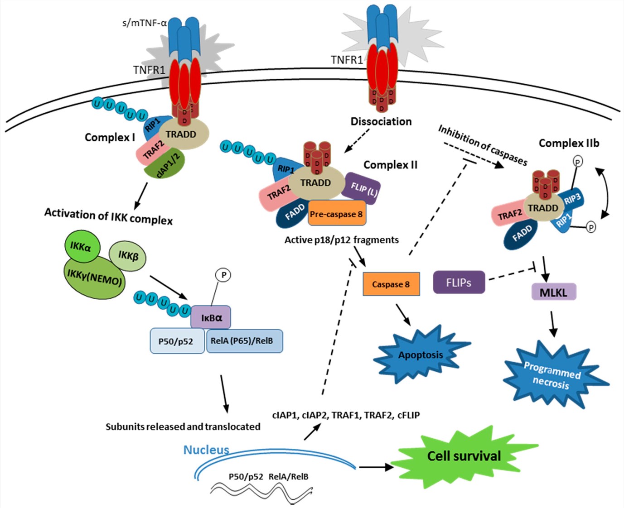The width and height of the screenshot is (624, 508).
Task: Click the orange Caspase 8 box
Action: (x=391, y=284)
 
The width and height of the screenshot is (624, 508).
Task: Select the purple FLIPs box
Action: (x=459, y=283)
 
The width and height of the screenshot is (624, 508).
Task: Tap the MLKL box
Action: (x=553, y=292)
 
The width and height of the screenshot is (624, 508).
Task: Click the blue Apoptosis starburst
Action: (x=421, y=355)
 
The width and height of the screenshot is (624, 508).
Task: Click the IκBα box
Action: (x=211, y=317)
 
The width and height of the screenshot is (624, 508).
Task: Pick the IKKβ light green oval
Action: (x=128, y=256)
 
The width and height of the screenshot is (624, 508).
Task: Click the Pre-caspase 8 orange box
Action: (x=336, y=214)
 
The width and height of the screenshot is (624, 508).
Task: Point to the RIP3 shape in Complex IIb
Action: (x=572, y=199)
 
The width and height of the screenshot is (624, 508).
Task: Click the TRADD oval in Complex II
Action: (x=316, y=183)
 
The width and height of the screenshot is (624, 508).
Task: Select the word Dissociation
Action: (x=381, y=121)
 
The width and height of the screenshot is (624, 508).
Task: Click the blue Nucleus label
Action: (x=206, y=450)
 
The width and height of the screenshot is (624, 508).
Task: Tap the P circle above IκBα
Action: (x=223, y=275)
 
